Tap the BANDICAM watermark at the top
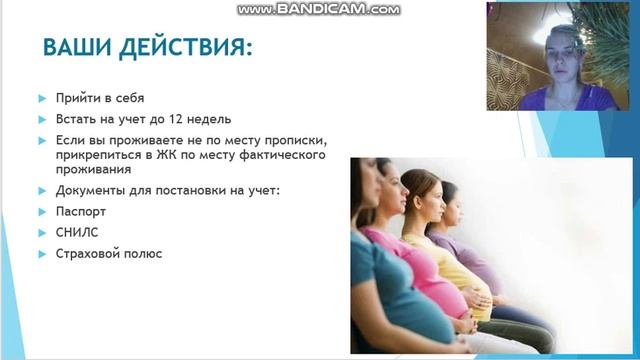click(x=318, y=9)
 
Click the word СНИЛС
click(x=76, y=233)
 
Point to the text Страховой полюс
click(x=109, y=254)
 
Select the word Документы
click(x=90, y=190)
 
